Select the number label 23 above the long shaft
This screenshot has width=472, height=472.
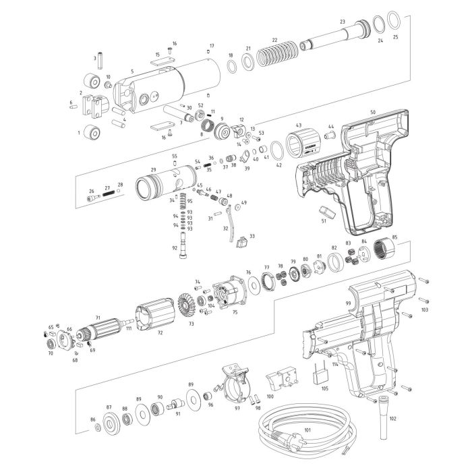[343, 22]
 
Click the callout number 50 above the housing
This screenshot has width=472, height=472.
[372, 112]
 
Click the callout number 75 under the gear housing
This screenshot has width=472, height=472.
[235, 312]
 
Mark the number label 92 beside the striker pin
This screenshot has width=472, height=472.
[175, 247]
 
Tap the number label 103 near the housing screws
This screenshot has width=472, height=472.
[424, 309]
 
